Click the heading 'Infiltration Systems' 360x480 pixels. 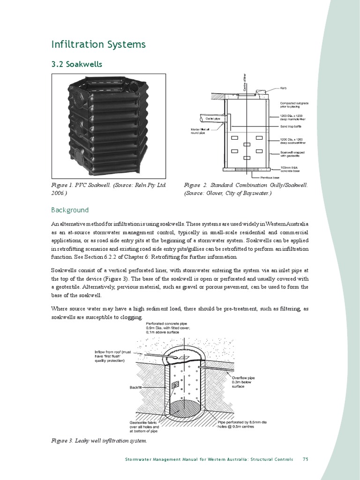(x=98, y=45)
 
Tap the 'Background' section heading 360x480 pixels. (x=70, y=210)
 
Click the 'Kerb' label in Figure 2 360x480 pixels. (x=284, y=88)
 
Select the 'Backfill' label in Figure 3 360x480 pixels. (x=135, y=387)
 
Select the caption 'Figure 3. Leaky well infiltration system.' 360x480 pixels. (x=99, y=441)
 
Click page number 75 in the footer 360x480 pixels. (x=305, y=459)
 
